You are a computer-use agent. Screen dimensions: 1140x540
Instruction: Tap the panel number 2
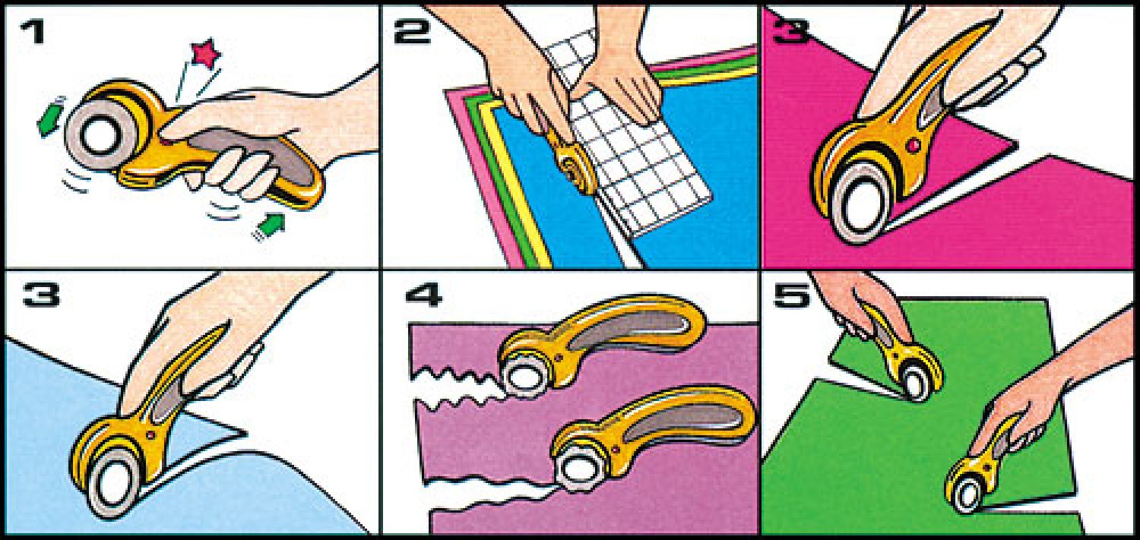[412, 33]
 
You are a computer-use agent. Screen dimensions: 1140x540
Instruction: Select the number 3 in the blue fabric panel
[41, 294]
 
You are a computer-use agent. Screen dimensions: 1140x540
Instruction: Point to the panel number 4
[423, 295]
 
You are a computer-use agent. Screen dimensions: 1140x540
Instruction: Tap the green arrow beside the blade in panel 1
[50, 118]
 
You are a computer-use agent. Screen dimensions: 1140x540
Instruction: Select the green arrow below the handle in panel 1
[270, 226]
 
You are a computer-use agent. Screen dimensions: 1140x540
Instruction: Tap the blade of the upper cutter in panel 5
[916, 384]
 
